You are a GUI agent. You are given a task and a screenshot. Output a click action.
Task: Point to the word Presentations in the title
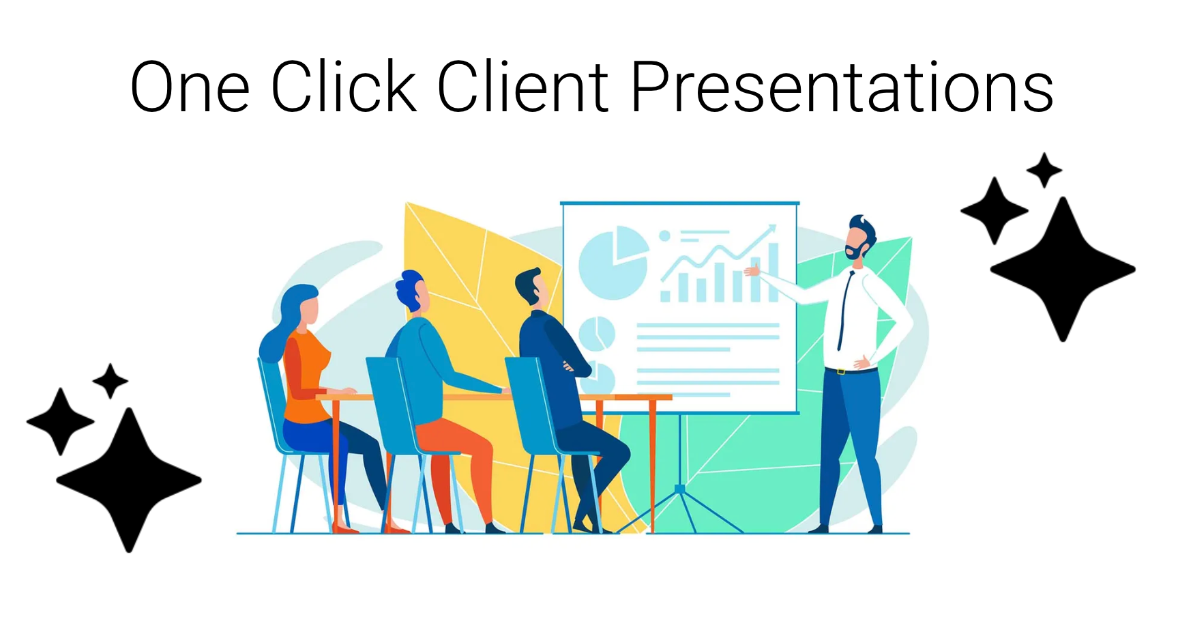842,86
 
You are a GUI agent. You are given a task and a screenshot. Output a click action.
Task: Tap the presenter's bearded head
861,238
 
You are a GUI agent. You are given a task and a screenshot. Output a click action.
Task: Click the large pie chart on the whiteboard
613,263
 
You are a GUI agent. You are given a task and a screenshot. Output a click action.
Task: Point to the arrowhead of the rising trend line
772,228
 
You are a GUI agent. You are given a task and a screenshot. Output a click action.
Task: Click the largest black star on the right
1063,270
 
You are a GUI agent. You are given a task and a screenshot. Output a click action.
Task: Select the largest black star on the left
128,480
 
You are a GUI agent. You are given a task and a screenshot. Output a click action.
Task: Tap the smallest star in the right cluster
1044,170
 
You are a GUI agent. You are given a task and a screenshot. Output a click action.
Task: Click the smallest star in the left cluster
110,381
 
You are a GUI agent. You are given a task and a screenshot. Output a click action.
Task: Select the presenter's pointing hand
752,271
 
